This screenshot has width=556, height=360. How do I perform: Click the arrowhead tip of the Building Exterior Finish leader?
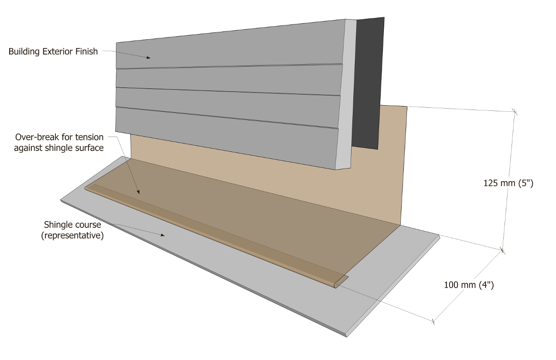(150, 58)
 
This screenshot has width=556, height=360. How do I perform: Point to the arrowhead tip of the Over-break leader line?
(139, 194)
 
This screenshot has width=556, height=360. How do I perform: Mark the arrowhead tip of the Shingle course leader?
(165, 235)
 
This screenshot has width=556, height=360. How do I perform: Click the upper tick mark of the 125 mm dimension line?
(515, 112)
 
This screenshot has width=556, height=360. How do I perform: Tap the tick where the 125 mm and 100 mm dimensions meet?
(502, 250)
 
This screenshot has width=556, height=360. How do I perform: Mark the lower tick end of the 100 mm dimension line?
(433, 322)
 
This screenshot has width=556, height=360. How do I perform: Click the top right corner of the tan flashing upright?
(407, 106)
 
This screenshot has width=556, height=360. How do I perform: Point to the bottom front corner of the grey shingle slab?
(347, 337)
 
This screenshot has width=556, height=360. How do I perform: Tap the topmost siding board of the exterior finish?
(230, 45)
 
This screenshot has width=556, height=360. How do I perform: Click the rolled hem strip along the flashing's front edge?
(216, 236)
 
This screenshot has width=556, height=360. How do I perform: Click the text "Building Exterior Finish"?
(53, 51)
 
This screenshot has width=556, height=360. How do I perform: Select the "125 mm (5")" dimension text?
(508, 183)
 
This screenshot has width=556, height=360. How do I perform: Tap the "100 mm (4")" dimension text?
(469, 285)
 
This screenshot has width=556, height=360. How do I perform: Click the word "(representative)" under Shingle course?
(72, 236)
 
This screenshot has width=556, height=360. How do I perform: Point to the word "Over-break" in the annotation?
(35, 137)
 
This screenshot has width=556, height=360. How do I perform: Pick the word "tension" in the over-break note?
(89, 137)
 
